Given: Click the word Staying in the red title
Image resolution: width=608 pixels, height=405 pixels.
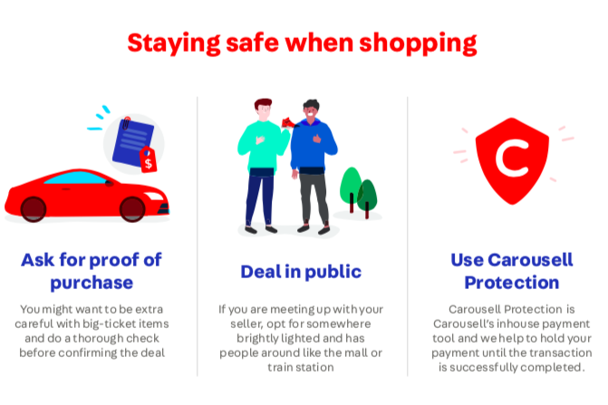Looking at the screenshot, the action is [173, 43].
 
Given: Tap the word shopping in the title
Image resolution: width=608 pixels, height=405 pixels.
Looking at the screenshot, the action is [418, 43].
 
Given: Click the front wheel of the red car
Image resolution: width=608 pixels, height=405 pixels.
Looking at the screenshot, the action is [132, 209].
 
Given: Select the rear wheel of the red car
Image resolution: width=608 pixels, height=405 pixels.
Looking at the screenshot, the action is [34, 209].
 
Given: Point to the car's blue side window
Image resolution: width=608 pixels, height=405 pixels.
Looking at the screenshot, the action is [75, 178].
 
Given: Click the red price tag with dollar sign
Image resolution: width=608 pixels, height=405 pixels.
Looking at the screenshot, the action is [148, 159].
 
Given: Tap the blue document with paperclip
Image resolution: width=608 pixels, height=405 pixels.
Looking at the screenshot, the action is [131, 141].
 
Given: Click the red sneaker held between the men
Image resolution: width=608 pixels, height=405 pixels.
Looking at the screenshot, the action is [289, 123].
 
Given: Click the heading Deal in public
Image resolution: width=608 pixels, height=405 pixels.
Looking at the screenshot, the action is [301, 272].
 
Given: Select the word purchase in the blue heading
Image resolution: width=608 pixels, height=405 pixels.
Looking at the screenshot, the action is [92, 284].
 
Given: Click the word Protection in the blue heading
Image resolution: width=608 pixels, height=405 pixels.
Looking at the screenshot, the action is [512, 283].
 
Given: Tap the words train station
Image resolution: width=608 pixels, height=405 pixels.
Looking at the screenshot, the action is [301, 367].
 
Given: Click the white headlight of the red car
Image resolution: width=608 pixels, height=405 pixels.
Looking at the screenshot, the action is [154, 196].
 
